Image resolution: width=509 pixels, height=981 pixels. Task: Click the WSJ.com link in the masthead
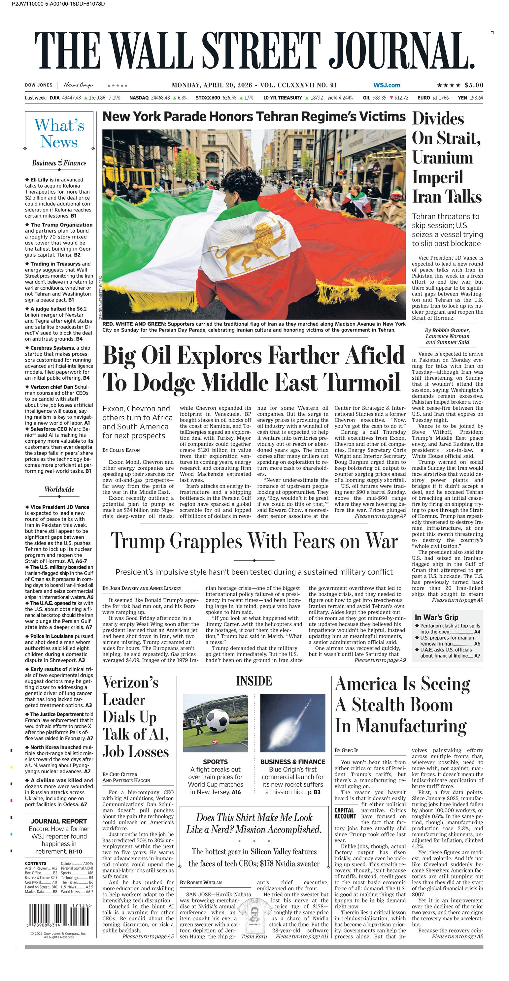pyautogui.click(x=387, y=85)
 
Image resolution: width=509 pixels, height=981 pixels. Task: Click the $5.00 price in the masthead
pyautogui.click(x=474, y=85)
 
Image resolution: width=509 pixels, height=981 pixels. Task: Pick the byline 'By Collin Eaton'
pyautogui.click(x=121, y=450)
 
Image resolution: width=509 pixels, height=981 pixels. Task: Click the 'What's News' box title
pyautogui.click(x=59, y=133)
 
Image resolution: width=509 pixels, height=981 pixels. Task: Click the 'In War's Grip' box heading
pyautogui.click(x=436, y=617)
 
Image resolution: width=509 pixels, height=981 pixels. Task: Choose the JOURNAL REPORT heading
pyautogui.click(x=59, y=821)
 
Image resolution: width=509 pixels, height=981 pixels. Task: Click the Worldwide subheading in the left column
pyautogui.click(x=59, y=490)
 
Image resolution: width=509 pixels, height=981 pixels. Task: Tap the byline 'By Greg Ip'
pyautogui.click(x=346, y=750)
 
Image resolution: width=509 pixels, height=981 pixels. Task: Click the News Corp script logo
pyautogui.click(x=78, y=85)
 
